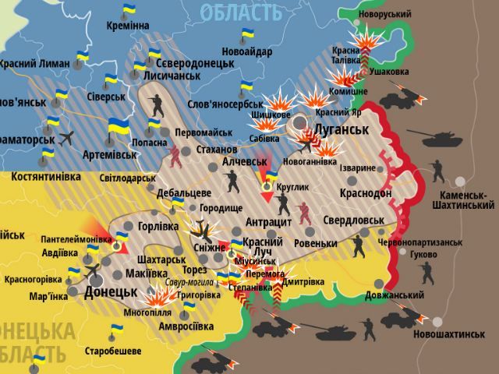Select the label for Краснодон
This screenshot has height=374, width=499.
point(366,192)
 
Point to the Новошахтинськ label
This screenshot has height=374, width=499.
point(450,333)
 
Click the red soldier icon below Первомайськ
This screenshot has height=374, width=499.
point(177,157)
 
